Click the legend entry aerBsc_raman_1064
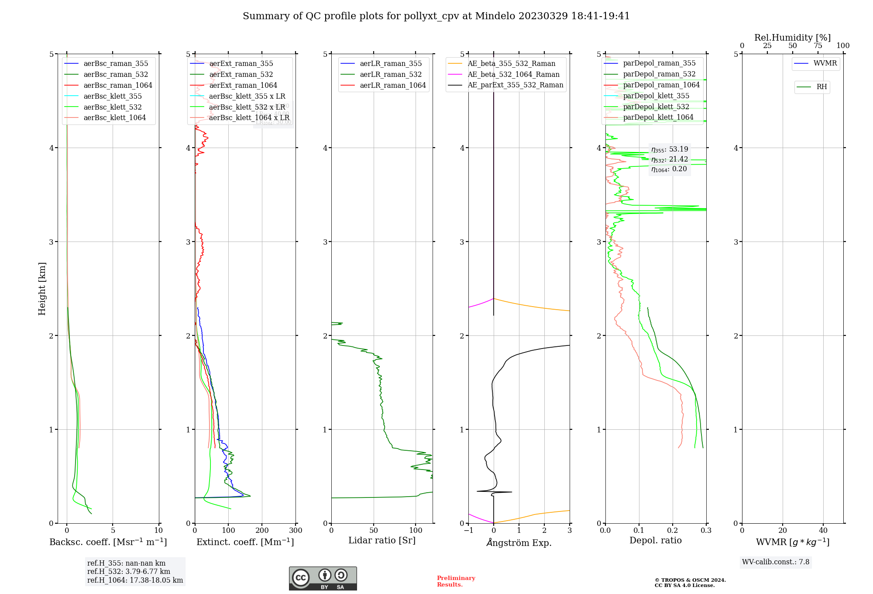point(118,85)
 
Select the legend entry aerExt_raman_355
point(241,64)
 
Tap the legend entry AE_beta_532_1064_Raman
point(513,75)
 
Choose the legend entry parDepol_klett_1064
point(658,117)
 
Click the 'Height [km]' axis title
point(42,289)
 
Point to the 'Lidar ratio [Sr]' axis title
point(382,541)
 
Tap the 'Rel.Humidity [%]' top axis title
point(792,38)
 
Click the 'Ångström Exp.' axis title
point(519,543)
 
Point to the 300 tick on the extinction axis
point(296,531)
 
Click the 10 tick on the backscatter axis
point(158,531)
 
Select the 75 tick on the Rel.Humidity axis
point(818,46)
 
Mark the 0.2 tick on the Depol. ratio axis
point(673,531)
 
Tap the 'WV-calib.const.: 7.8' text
point(776,562)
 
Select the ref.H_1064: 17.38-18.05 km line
point(135,580)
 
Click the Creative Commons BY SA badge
point(323,579)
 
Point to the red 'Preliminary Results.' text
point(456,581)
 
